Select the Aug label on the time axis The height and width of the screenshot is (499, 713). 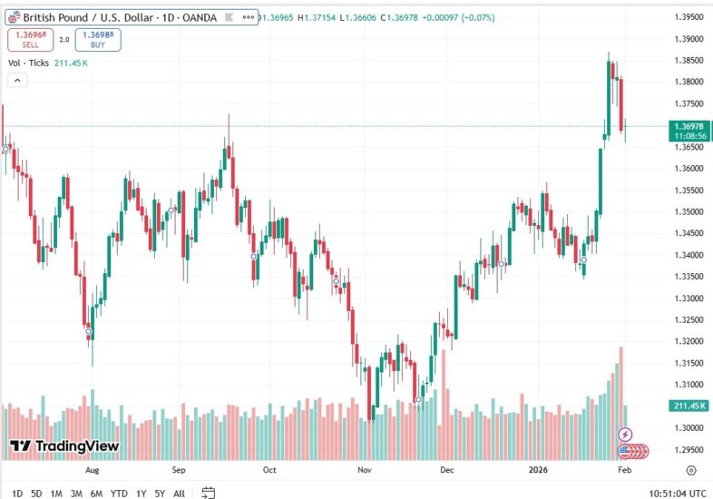pos(91,471)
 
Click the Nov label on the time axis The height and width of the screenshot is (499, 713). pos(365,471)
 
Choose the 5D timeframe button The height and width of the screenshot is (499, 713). pos(36,494)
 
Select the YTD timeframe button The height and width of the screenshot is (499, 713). pos(119,494)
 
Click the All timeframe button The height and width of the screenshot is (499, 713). pos(179,494)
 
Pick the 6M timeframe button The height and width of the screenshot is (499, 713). pos(96,494)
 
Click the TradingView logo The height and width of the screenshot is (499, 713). pos(64,445)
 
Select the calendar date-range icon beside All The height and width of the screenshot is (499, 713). pos(208,494)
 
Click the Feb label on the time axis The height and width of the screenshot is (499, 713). pos(625,471)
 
